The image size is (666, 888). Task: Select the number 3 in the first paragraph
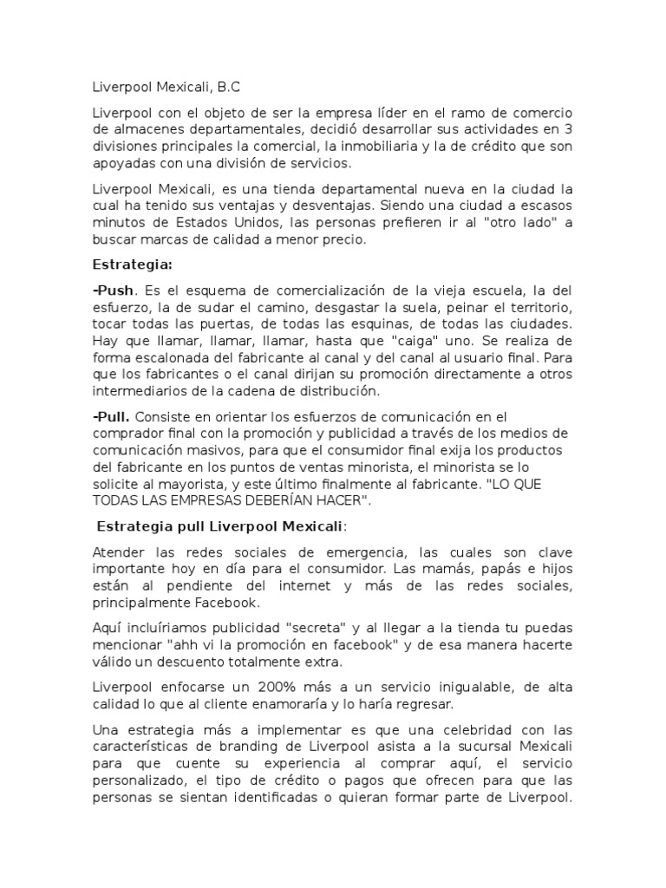coord(567,131)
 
